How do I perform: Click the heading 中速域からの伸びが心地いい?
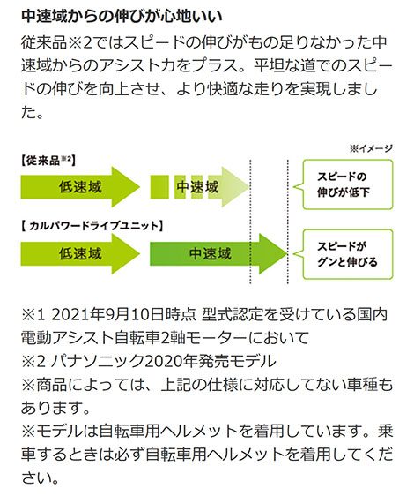click(122, 17)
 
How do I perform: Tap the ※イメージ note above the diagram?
click(371, 148)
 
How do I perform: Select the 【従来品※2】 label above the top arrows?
click(48, 161)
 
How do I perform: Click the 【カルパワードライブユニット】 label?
click(92, 226)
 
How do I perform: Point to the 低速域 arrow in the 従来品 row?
click(80, 186)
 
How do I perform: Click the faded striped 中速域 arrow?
click(200, 186)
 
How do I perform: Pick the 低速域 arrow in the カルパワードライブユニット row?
click(80, 253)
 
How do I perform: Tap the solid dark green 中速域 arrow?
click(218, 253)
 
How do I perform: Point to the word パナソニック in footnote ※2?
click(97, 361)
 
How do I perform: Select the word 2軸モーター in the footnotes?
click(204, 338)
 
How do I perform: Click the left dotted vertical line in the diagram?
click(250, 222)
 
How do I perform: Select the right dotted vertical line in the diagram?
click(288, 222)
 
